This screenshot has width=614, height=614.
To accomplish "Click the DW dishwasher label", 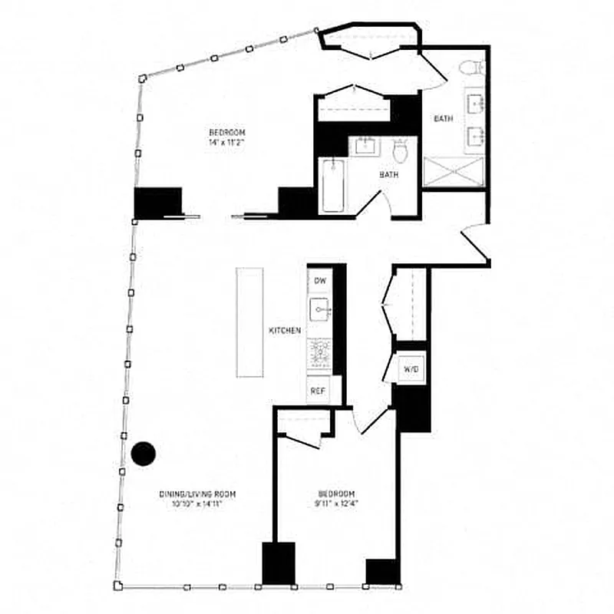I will click(319, 281).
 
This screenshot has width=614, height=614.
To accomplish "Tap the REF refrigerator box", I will click(319, 390).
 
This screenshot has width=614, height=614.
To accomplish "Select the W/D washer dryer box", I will click(411, 370).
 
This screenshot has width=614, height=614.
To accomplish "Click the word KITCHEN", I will click(285, 330).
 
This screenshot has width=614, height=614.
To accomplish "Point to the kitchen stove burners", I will click(319, 353).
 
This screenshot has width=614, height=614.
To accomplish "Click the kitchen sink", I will click(320, 310).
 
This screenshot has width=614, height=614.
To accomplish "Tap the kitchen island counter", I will click(249, 322).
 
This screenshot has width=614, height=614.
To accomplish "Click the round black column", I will click(144, 454).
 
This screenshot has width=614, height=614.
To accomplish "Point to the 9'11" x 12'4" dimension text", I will click(338, 503).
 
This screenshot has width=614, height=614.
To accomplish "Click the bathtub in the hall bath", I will click(333, 185).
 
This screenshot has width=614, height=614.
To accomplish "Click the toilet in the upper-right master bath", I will click(470, 68).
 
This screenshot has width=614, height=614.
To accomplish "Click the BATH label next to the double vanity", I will click(443, 119).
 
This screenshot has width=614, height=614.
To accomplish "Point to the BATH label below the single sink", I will click(389, 175).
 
